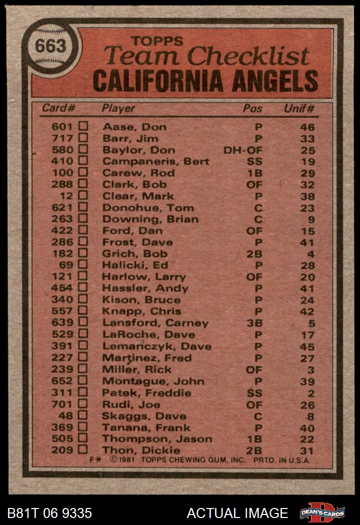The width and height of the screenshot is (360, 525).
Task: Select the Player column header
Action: (x=118, y=108)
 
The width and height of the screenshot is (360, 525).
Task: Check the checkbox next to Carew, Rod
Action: (x=83, y=172)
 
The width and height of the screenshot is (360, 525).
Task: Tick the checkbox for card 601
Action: (x=83, y=126)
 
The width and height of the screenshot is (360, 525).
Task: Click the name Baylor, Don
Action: (x=138, y=150)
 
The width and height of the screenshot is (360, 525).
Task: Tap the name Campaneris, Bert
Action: (x=155, y=161)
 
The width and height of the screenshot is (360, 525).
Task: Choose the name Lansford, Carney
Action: (x=155, y=323)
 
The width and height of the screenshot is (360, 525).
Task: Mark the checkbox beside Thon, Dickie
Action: (x=83, y=449)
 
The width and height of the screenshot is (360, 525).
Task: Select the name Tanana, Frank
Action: (x=146, y=427)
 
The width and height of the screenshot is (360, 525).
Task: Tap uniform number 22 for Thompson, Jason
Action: (x=307, y=439)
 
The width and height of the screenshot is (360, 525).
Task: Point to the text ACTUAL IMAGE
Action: (x=237, y=513)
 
